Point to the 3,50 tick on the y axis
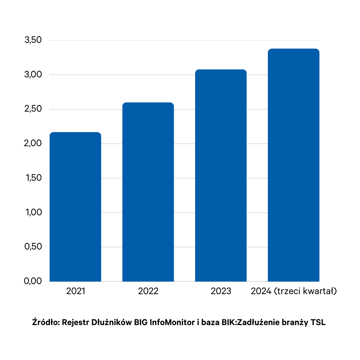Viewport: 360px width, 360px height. [x=33, y=40]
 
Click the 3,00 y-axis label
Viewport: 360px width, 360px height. [x=33, y=75]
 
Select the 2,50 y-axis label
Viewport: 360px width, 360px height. [x=33, y=109]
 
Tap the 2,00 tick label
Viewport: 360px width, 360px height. [x=33, y=144]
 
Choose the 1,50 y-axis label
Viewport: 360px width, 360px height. [x=33, y=178]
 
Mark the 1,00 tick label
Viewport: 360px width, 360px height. [x=33, y=212]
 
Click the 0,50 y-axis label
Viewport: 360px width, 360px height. [x=33, y=247]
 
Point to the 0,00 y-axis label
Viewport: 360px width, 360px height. [x=33, y=281]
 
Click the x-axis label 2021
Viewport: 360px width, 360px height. [x=76, y=291]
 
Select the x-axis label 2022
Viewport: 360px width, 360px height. [x=148, y=291]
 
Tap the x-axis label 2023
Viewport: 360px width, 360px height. [x=221, y=291]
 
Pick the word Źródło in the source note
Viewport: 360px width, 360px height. [x=45, y=322]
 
